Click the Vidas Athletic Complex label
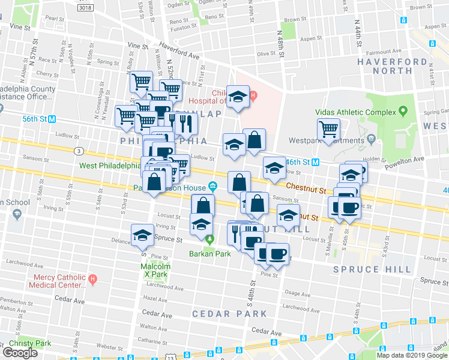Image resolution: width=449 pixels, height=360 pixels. (356, 112)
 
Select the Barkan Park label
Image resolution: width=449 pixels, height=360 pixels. (210, 253)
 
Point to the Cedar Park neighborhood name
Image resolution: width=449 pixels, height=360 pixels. (229, 314)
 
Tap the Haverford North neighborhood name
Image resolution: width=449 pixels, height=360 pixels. (401, 66)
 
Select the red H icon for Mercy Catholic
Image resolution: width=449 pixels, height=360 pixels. (92, 279)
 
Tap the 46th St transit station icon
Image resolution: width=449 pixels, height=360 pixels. (315, 162)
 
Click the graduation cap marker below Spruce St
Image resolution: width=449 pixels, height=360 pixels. (143, 235)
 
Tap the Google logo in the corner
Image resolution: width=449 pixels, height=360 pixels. (20, 353)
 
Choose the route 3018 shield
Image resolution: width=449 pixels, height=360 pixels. (85, 7)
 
